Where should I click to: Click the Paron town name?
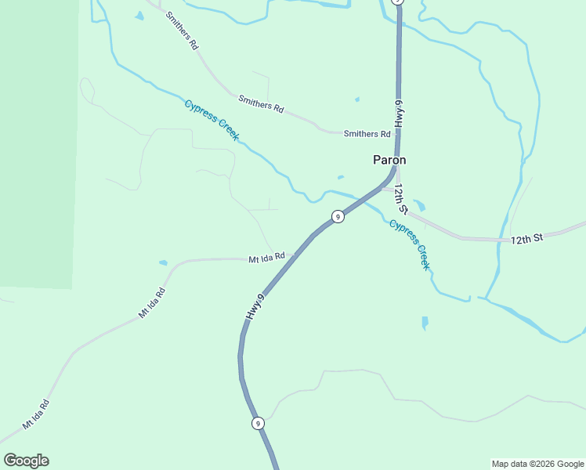click(389, 160)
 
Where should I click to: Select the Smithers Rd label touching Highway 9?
click(367, 134)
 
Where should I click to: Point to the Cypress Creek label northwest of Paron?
click(211, 120)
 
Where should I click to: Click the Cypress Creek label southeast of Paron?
click(410, 245)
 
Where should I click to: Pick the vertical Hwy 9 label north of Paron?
click(399, 114)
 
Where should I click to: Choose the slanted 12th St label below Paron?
click(401, 200)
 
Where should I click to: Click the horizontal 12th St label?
click(526, 237)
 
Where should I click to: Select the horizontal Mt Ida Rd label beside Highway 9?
click(267, 258)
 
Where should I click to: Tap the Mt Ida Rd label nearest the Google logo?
click(35, 414)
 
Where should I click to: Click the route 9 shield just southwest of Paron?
click(338, 216)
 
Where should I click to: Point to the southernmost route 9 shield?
click(258, 424)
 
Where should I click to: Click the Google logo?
click(26, 461)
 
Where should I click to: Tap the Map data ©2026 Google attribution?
click(537, 464)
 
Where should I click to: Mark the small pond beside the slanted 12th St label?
click(419, 206)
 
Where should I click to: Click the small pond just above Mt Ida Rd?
click(163, 262)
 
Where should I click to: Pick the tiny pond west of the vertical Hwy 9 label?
click(357, 99)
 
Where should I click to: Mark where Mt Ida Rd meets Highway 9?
click(295, 255)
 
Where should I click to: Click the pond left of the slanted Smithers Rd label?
click(139, 16)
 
